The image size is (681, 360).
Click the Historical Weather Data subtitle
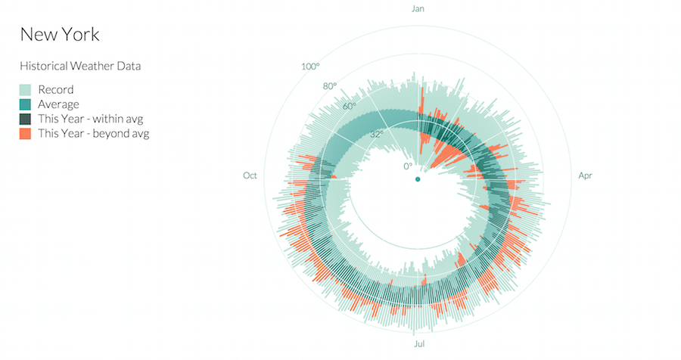(x=79, y=67)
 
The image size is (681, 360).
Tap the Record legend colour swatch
(x=25, y=90)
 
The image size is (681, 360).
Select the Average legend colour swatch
(x=25, y=104)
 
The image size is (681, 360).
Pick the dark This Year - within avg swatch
(x=25, y=119)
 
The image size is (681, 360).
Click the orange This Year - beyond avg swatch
(x=25, y=133)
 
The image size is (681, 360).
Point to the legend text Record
(x=56, y=90)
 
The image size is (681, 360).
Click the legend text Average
(x=59, y=104)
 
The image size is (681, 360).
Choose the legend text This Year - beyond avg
(x=94, y=133)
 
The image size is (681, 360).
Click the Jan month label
(x=418, y=9)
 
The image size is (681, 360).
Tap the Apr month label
(x=585, y=175)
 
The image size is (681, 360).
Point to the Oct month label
(x=250, y=175)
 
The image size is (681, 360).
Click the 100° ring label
(x=310, y=67)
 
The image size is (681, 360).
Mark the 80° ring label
(x=330, y=86)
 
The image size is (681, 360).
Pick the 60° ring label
(x=349, y=106)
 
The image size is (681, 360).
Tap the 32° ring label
(x=376, y=134)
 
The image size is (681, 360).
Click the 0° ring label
(x=408, y=166)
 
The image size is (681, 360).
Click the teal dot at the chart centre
(x=418, y=179)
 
